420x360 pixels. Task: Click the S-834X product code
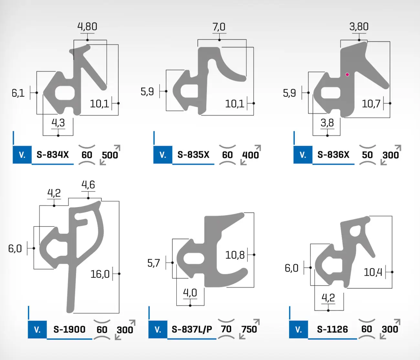click(53, 155)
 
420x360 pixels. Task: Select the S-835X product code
click(193, 155)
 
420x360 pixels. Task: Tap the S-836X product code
click(333, 155)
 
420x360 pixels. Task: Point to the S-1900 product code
click(69, 329)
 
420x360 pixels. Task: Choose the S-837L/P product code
click(192, 329)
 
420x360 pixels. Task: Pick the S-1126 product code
click(332, 329)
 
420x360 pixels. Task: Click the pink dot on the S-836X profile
click(347, 75)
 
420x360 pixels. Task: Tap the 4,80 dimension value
click(87, 27)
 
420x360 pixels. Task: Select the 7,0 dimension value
click(219, 27)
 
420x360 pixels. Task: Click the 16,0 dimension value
click(100, 274)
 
